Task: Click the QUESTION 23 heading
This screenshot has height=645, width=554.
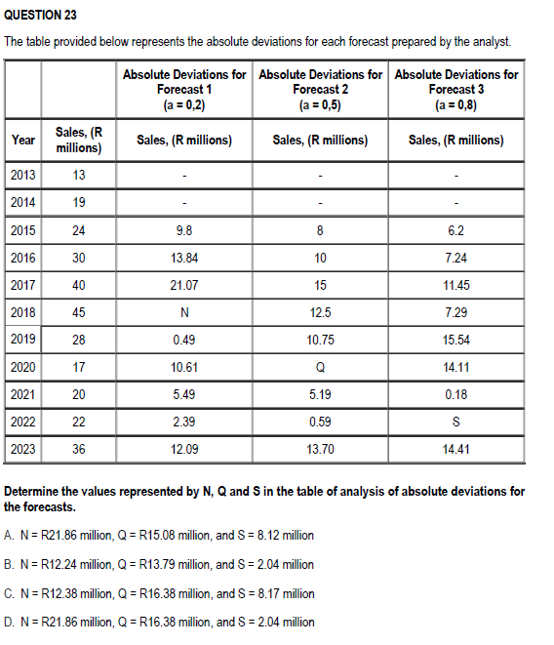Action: pos(41,17)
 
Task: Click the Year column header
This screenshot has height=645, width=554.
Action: pos(22,140)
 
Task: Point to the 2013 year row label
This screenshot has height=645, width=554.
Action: pos(22,175)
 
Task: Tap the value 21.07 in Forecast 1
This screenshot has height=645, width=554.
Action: pos(184,286)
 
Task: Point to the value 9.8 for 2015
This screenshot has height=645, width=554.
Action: pos(184,231)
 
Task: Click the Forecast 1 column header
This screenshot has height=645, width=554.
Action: pos(184,89)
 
